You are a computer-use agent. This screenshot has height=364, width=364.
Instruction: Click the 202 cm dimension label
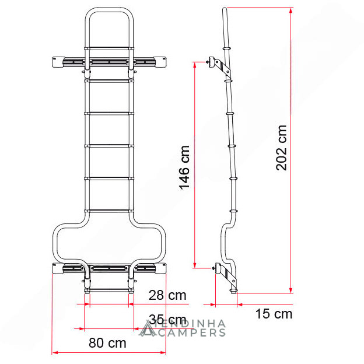pyautogui.click(x=281, y=148)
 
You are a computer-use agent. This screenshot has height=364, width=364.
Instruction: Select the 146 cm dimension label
pyautogui.click(x=184, y=167)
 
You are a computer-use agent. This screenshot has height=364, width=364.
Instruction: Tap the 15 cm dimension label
pyautogui.click(x=274, y=314)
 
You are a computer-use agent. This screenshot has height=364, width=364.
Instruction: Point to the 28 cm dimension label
pyautogui.click(x=167, y=295)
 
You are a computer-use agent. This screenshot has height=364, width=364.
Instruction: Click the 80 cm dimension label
pyautogui.click(x=107, y=342)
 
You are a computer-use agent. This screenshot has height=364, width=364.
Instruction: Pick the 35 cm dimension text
pyautogui.click(x=167, y=320)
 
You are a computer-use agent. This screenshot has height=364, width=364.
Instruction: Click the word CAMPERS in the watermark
pyautogui.click(x=192, y=332)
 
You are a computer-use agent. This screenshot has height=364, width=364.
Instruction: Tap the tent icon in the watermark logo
pyautogui.click(x=148, y=328)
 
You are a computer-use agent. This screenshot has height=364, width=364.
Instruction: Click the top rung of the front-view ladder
pyautogui.click(x=109, y=48)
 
